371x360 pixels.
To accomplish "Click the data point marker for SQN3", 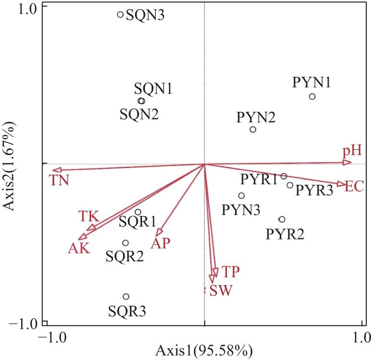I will coord(120,14).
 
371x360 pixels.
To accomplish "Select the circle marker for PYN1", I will coord(312,96).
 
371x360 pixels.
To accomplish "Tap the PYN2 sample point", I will coord(253,130).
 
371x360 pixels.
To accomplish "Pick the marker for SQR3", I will coord(126,297).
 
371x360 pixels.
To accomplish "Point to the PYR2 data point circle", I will coord(282,219).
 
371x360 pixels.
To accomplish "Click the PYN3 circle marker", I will coord(241,195).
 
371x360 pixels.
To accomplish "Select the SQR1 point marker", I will coord(138,212).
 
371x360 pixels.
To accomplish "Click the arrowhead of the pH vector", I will coord(348,163).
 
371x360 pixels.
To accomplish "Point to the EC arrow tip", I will coord(341,184).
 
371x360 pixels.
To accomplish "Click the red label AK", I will coord(79,249).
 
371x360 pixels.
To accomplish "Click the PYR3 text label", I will coord(314,190).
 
